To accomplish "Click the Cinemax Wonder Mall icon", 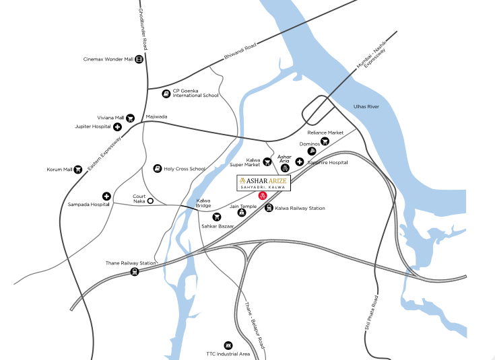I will click(139, 59).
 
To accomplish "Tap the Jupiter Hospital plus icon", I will click(117, 127).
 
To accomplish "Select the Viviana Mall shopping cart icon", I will click(130, 118).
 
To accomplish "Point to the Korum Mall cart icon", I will click(78, 170).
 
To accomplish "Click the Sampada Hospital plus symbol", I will click(106, 195).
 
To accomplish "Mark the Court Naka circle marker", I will click(151, 201).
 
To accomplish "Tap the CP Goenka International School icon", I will click(166, 93).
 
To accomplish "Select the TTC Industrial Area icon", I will click(228, 345).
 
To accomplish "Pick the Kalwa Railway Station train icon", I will click(269, 209).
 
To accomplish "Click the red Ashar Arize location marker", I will click(263, 195).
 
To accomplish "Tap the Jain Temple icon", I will click(241, 212).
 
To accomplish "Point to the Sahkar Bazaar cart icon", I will click(217, 217).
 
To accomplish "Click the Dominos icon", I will click(312, 151).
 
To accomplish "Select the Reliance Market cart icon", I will click(325, 141).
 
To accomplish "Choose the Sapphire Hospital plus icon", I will click(300, 162).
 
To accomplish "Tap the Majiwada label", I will click(156, 116).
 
